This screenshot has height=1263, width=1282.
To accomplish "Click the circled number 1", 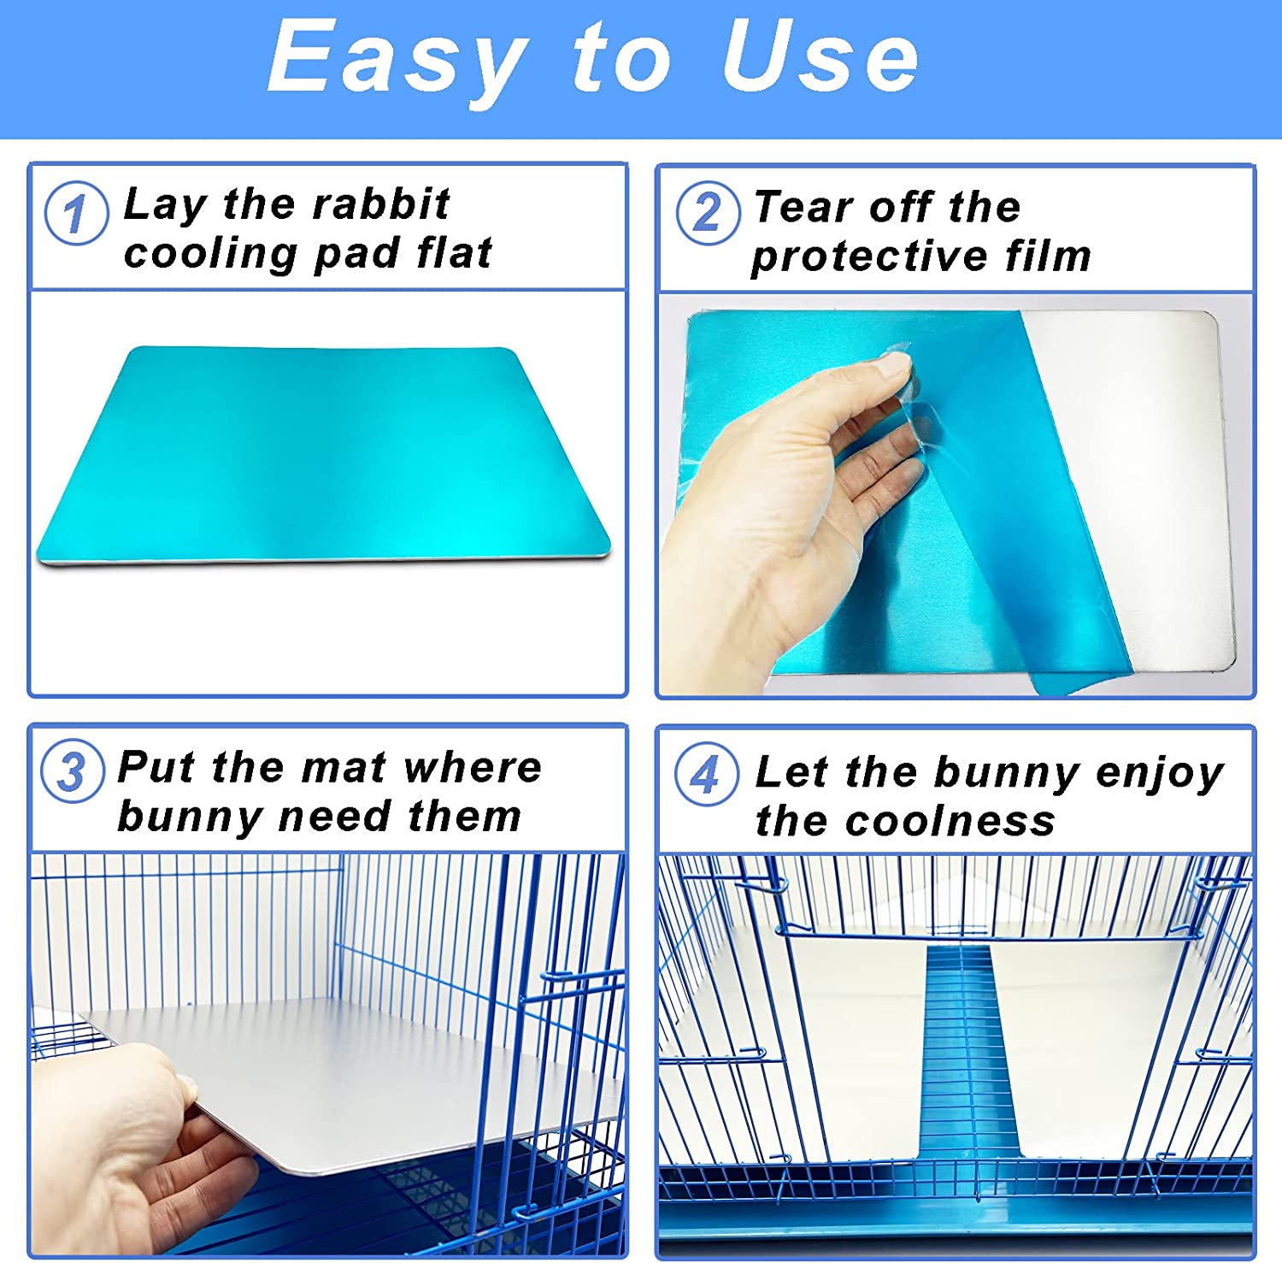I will click(x=76, y=213).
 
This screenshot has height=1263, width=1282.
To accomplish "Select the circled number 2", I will click(x=708, y=212).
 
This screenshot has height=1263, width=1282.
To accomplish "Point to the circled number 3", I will click(x=73, y=771).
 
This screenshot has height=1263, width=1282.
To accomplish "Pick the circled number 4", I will click(x=706, y=775).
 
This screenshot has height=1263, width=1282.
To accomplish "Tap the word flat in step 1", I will click(x=455, y=253).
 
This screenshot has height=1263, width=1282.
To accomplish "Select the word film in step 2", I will click(x=1049, y=256).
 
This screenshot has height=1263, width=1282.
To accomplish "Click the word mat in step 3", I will click(x=344, y=767).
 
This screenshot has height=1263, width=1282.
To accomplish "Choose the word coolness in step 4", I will click(x=950, y=821).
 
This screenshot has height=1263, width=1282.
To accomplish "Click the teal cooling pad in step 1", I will click(x=325, y=453).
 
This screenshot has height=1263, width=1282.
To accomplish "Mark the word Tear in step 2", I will click(x=803, y=207).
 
